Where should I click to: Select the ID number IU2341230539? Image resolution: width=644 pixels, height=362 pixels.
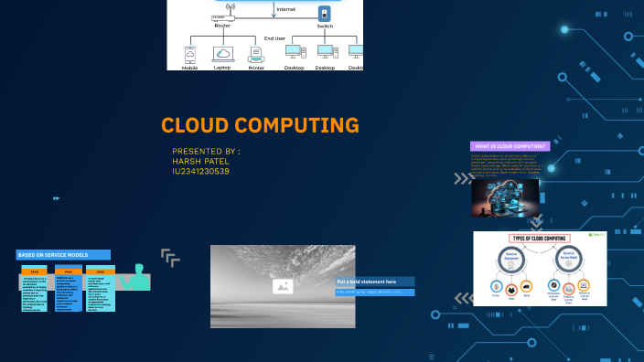[200, 171]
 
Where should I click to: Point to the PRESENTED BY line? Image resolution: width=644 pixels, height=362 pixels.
[206, 151]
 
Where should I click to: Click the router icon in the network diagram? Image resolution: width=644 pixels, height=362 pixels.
[222, 16]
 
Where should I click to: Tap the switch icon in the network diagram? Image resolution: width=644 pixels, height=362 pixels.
[324, 14]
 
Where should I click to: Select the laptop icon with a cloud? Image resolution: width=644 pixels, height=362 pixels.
[222, 54]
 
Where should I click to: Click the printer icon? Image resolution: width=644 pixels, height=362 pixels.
[256, 54]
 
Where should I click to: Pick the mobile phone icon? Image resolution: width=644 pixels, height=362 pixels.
[190, 54]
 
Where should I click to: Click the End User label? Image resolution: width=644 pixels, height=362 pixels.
[274, 38]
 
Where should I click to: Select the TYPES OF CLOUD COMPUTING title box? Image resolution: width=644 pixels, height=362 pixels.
[540, 239]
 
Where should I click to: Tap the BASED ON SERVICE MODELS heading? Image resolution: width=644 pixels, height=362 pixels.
[63, 255]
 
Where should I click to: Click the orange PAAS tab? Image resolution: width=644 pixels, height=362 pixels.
[68, 271]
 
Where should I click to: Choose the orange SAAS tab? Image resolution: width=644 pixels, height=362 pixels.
[101, 271]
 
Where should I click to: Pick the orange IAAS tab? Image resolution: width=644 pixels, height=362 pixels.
[35, 271]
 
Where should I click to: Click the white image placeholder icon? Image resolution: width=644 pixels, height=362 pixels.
[283, 286]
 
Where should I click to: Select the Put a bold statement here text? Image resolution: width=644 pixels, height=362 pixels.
[367, 282]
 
